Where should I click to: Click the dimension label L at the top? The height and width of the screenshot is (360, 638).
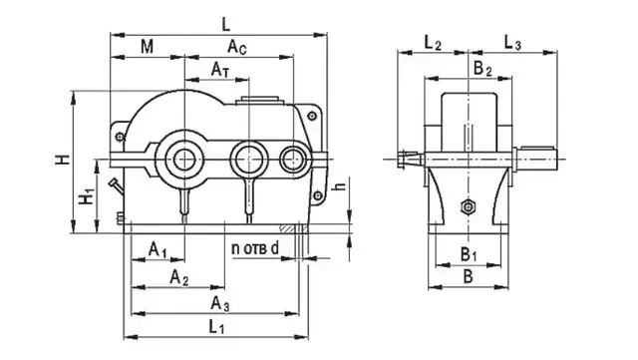[x=226, y=25]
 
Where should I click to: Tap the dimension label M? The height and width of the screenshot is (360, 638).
[x=147, y=47]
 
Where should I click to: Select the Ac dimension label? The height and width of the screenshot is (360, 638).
[x=237, y=47]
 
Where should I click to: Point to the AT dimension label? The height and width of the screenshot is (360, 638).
[x=220, y=70]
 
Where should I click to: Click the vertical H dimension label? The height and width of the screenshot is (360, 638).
[x=63, y=160]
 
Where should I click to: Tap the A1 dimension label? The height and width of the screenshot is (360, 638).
[x=158, y=249]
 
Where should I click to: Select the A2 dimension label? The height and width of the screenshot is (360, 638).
[x=179, y=277]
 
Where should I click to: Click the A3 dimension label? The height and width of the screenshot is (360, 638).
[x=219, y=304]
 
